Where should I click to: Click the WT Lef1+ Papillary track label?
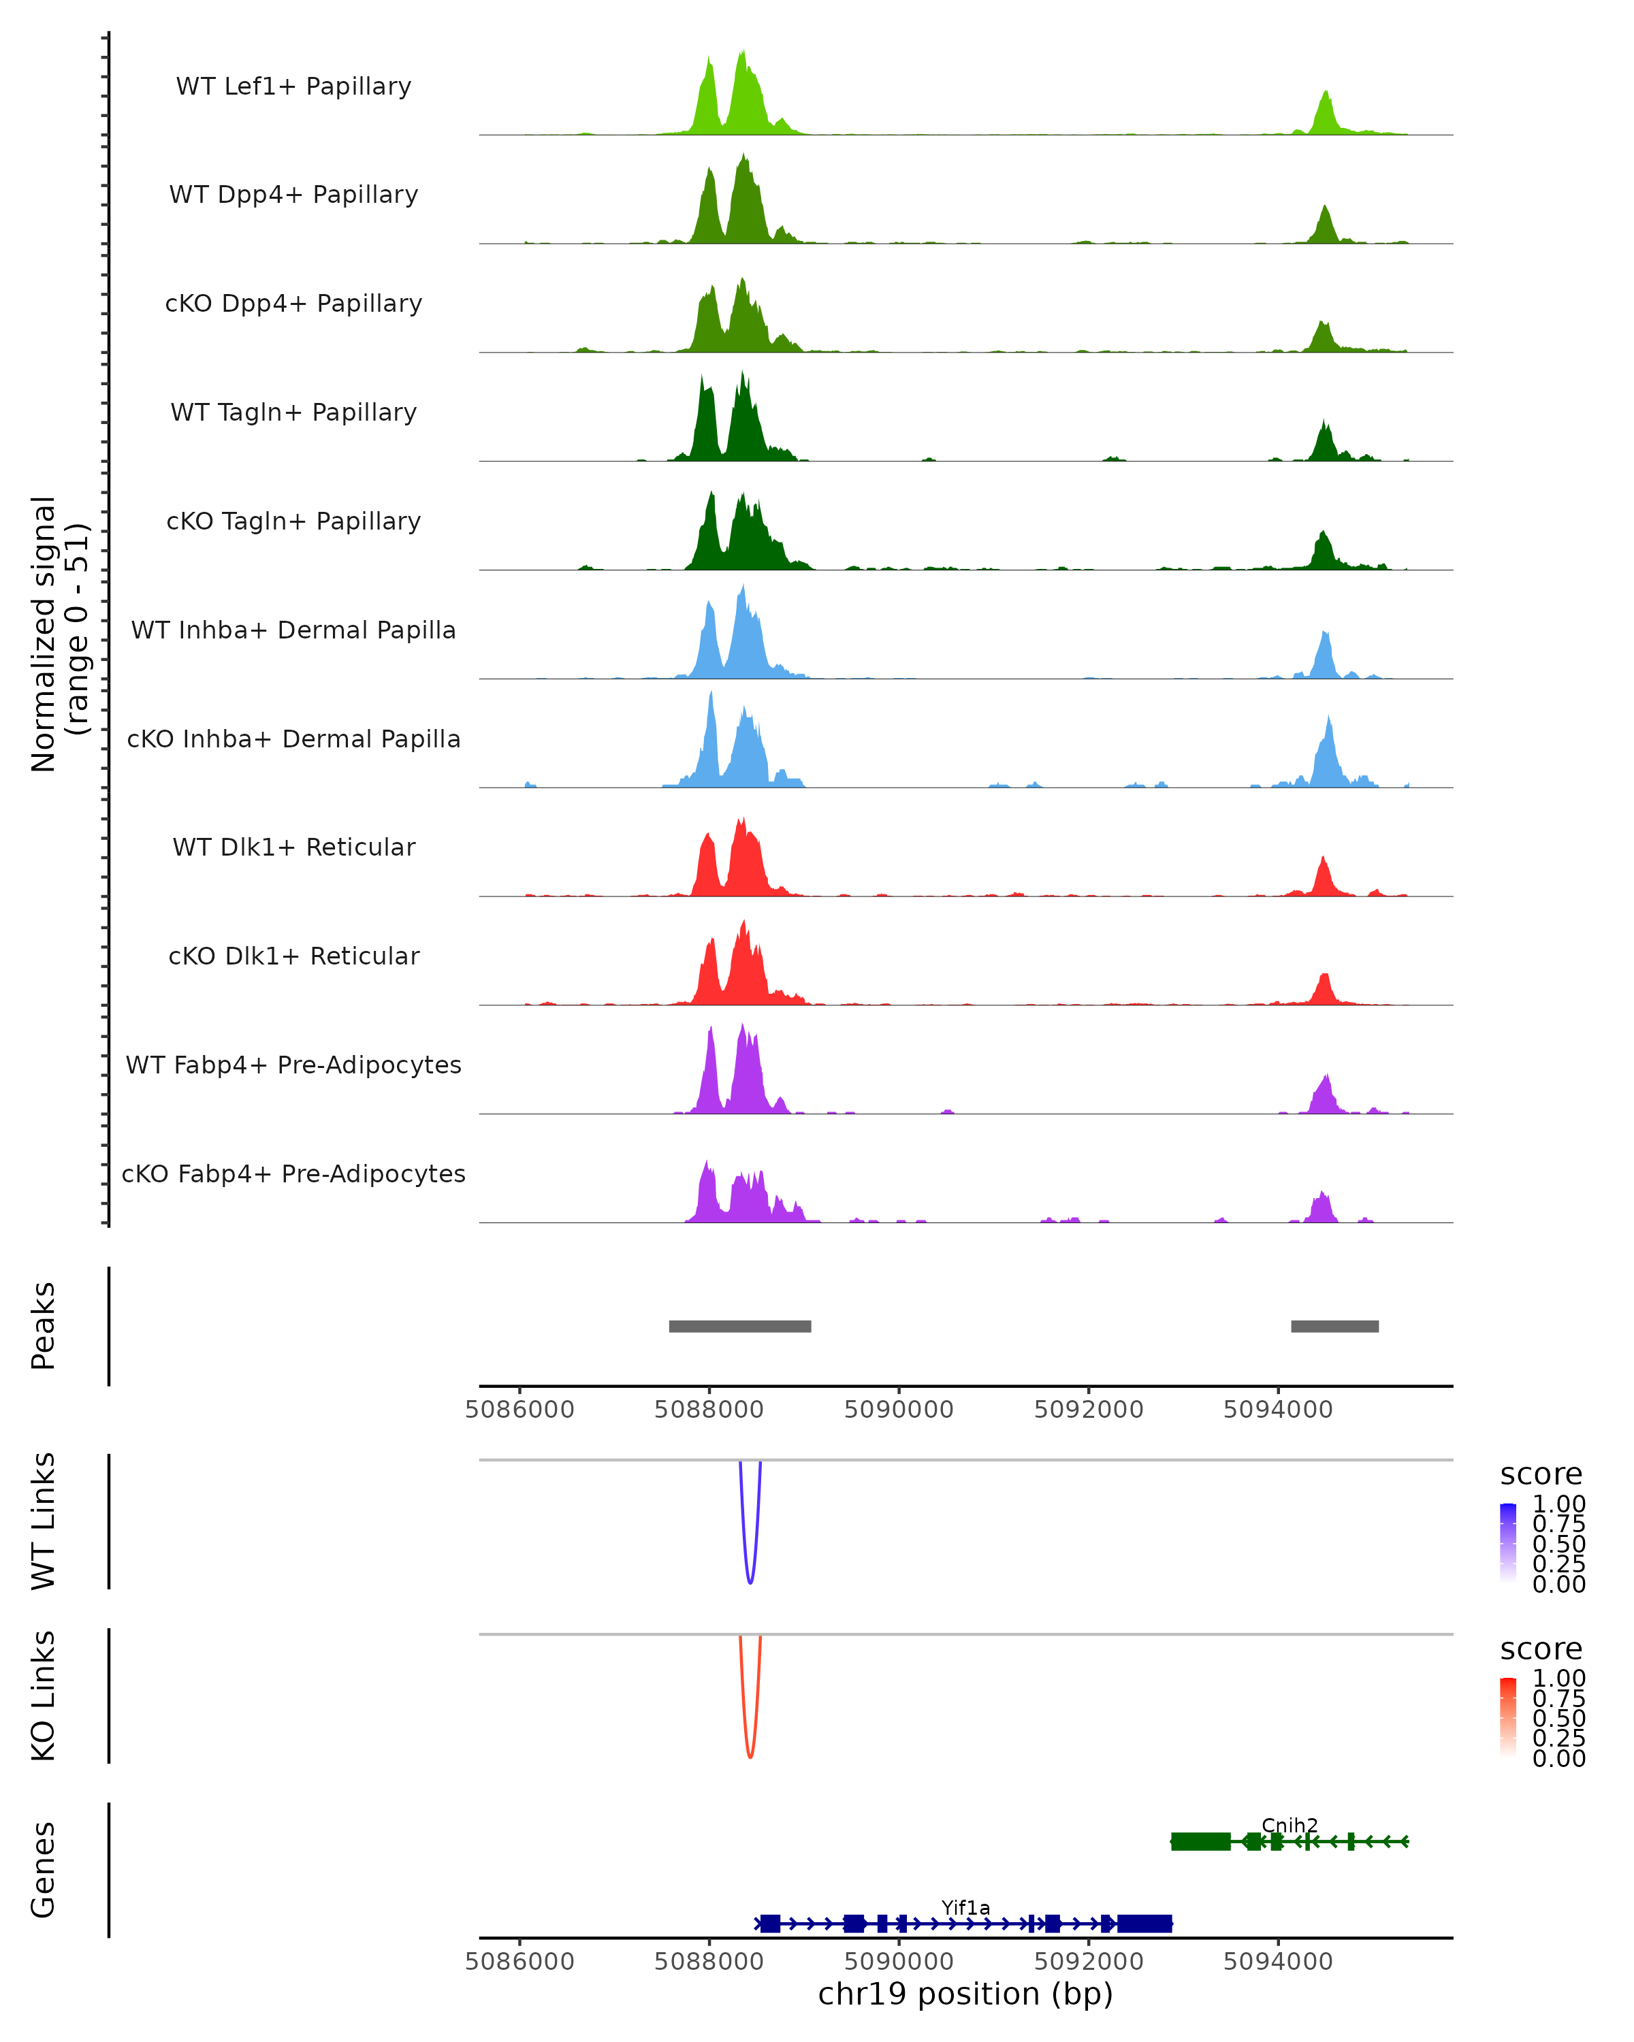click(x=293, y=86)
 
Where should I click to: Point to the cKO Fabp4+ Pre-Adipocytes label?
click(x=293, y=1173)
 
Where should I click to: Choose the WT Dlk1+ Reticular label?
click(x=293, y=847)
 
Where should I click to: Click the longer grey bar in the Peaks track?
click(x=740, y=1326)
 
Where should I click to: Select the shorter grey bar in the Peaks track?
click(x=1334, y=1326)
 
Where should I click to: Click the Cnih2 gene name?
click(x=1289, y=1825)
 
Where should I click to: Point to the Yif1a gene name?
click(x=965, y=1907)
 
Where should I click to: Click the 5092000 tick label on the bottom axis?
click(x=1089, y=1962)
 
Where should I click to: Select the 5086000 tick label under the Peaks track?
click(x=520, y=1410)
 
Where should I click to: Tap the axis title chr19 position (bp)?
click(x=965, y=1994)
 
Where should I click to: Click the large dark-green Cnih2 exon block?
click(x=1200, y=1841)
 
